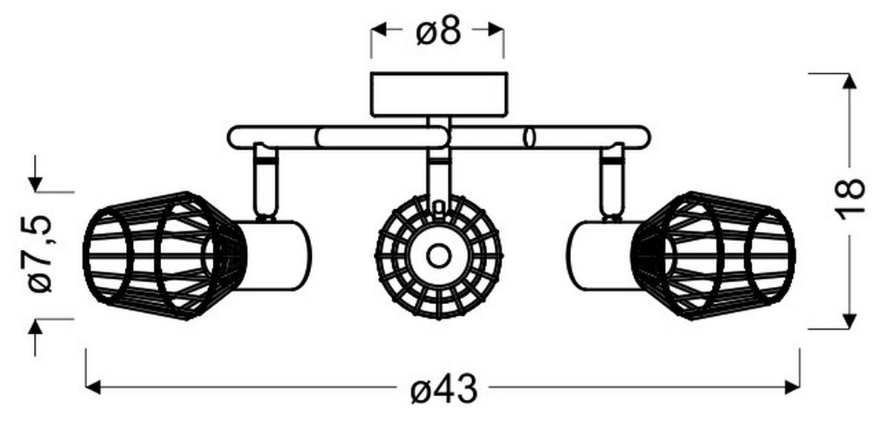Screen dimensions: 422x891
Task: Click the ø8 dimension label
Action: pyautogui.click(x=438, y=30)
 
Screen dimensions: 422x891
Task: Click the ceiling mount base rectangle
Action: pyautogui.click(x=438, y=94)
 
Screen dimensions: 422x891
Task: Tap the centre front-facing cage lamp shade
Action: pyautogui.click(x=438, y=257)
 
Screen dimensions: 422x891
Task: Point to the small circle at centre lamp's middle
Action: pyautogui.click(x=438, y=257)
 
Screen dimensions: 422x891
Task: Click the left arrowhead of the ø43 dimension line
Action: pyautogui.click(x=94, y=386)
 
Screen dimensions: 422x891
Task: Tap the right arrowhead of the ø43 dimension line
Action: pyautogui.click(x=792, y=386)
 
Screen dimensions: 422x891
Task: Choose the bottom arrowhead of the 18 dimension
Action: pyautogui.click(x=849, y=320)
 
